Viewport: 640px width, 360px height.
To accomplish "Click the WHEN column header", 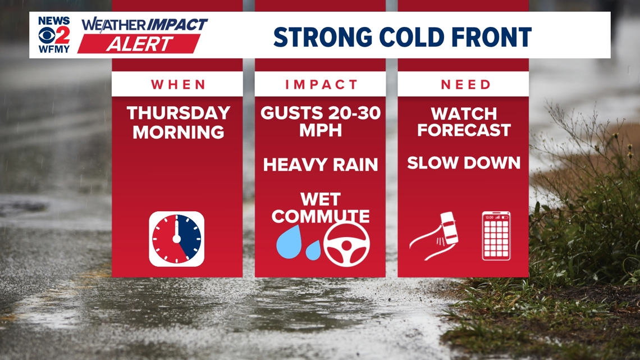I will click(x=178, y=85).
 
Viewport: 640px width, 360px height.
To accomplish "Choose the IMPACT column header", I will click(x=321, y=85).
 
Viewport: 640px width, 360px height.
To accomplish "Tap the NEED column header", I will click(x=465, y=85).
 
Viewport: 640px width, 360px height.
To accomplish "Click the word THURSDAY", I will click(x=179, y=113).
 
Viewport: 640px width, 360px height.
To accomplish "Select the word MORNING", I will click(x=179, y=133).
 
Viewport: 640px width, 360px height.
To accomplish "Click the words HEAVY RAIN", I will click(x=321, y=165).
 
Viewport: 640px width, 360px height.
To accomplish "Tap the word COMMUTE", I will click(x=321, y=216).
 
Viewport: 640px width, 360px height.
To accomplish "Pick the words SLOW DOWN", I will click(x=464, y=163).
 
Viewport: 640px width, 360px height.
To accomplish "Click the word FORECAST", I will click(x=464, y=130).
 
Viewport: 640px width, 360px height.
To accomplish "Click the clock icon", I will click(x=177, y=239).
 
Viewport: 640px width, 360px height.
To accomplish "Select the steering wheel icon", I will click(x=346, y=244).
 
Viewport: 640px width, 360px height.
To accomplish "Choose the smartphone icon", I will click(x=496, y=236).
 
